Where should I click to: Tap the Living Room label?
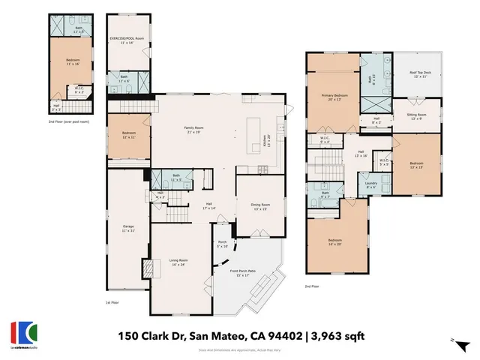[x=178, y=262]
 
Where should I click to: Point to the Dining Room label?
[x=259, y=206]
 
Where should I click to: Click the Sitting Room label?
[x=417, y=117]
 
